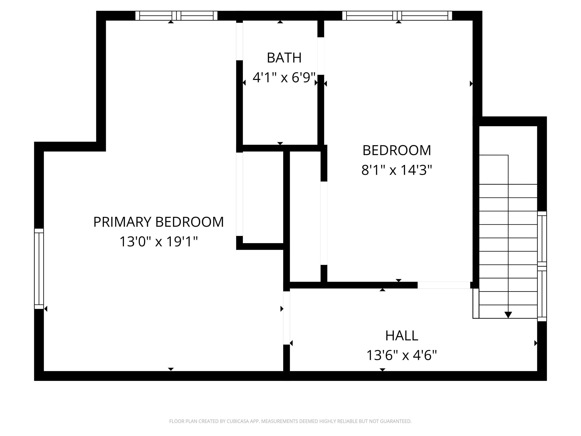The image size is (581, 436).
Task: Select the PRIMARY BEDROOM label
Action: [158, 222]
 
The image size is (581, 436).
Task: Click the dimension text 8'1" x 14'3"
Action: [397, 170]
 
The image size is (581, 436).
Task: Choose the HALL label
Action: [402, 336]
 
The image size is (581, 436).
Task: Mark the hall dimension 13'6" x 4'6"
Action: [402, 355]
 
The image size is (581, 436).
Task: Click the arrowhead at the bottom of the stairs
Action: [508, 315]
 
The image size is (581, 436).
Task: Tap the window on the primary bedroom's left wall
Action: [39, 269]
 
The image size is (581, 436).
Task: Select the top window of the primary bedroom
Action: [176, 16]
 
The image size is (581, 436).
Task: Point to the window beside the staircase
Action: [542, 266]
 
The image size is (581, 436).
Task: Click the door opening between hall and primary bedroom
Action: [286, 318]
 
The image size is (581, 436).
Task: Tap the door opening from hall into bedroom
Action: [444, 285]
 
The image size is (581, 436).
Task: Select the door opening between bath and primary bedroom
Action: [239, 41]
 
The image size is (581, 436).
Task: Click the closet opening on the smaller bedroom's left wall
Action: [324, 223]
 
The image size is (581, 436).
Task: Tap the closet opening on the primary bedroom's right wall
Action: [239, 194]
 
